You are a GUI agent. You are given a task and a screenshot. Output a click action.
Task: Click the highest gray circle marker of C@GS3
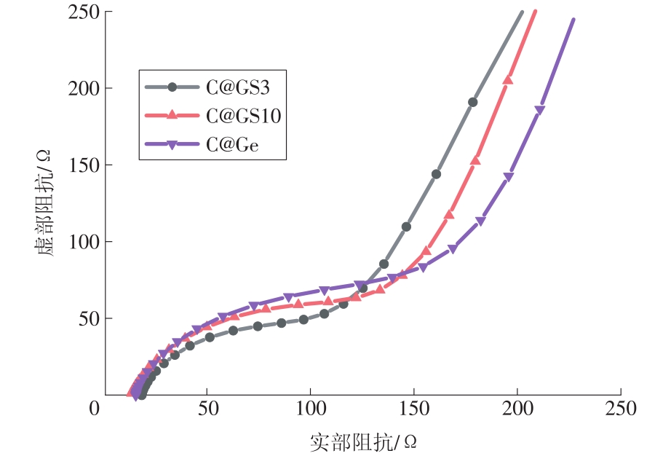[x=473, y=103]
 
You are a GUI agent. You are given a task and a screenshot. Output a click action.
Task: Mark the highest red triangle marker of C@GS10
[x=508, y=80]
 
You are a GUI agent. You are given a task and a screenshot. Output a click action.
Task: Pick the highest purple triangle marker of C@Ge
[x=540, y=111]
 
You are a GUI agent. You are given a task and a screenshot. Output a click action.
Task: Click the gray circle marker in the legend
[x=172, y=87]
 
